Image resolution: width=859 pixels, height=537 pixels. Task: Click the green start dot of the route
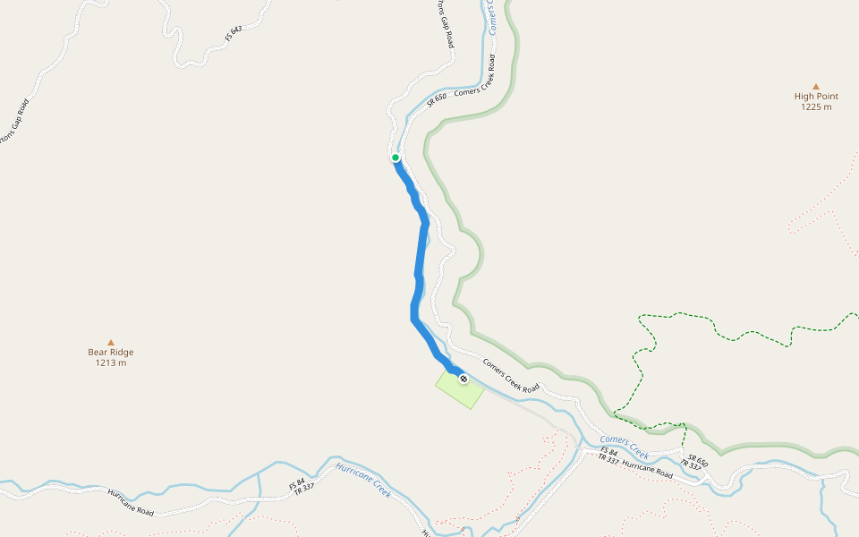coord(395,158)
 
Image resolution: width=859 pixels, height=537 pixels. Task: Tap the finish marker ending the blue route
coord(464,379)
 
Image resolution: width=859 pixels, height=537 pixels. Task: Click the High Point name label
coord(815,96)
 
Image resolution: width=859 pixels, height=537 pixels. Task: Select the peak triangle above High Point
coord(815,86)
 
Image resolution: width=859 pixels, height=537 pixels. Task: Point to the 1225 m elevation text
coord(815,107)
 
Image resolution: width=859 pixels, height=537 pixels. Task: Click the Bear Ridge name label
coord(111,352)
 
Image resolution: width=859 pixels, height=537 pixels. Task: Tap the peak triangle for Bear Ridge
coord(111,342)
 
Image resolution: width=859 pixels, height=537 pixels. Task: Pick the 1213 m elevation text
coord(111,362)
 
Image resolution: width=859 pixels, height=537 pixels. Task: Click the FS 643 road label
coord(234,35)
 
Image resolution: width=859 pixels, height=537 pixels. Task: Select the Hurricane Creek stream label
coord(363,480)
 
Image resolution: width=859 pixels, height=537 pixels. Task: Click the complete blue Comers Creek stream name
coord(624,446)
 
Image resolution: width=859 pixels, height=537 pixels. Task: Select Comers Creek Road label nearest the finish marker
coord(511,376)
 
